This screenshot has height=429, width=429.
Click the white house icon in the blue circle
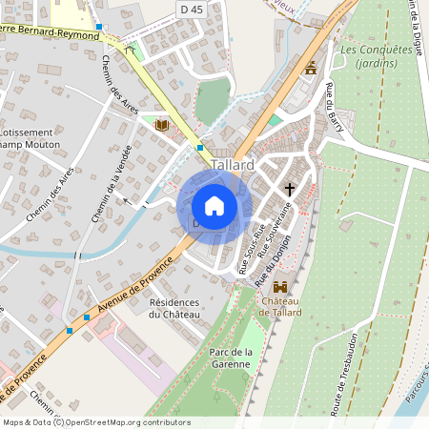coord(214,206)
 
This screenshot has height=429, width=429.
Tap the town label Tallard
coord(234,165)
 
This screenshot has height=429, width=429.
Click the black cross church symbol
coord(290,189)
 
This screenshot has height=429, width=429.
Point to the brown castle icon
coord(280,287)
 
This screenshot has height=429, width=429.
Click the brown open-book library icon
coord(161,126)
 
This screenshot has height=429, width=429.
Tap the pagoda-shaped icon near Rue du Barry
coord(310,69)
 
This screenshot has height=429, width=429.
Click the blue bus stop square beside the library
coord(200,148)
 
